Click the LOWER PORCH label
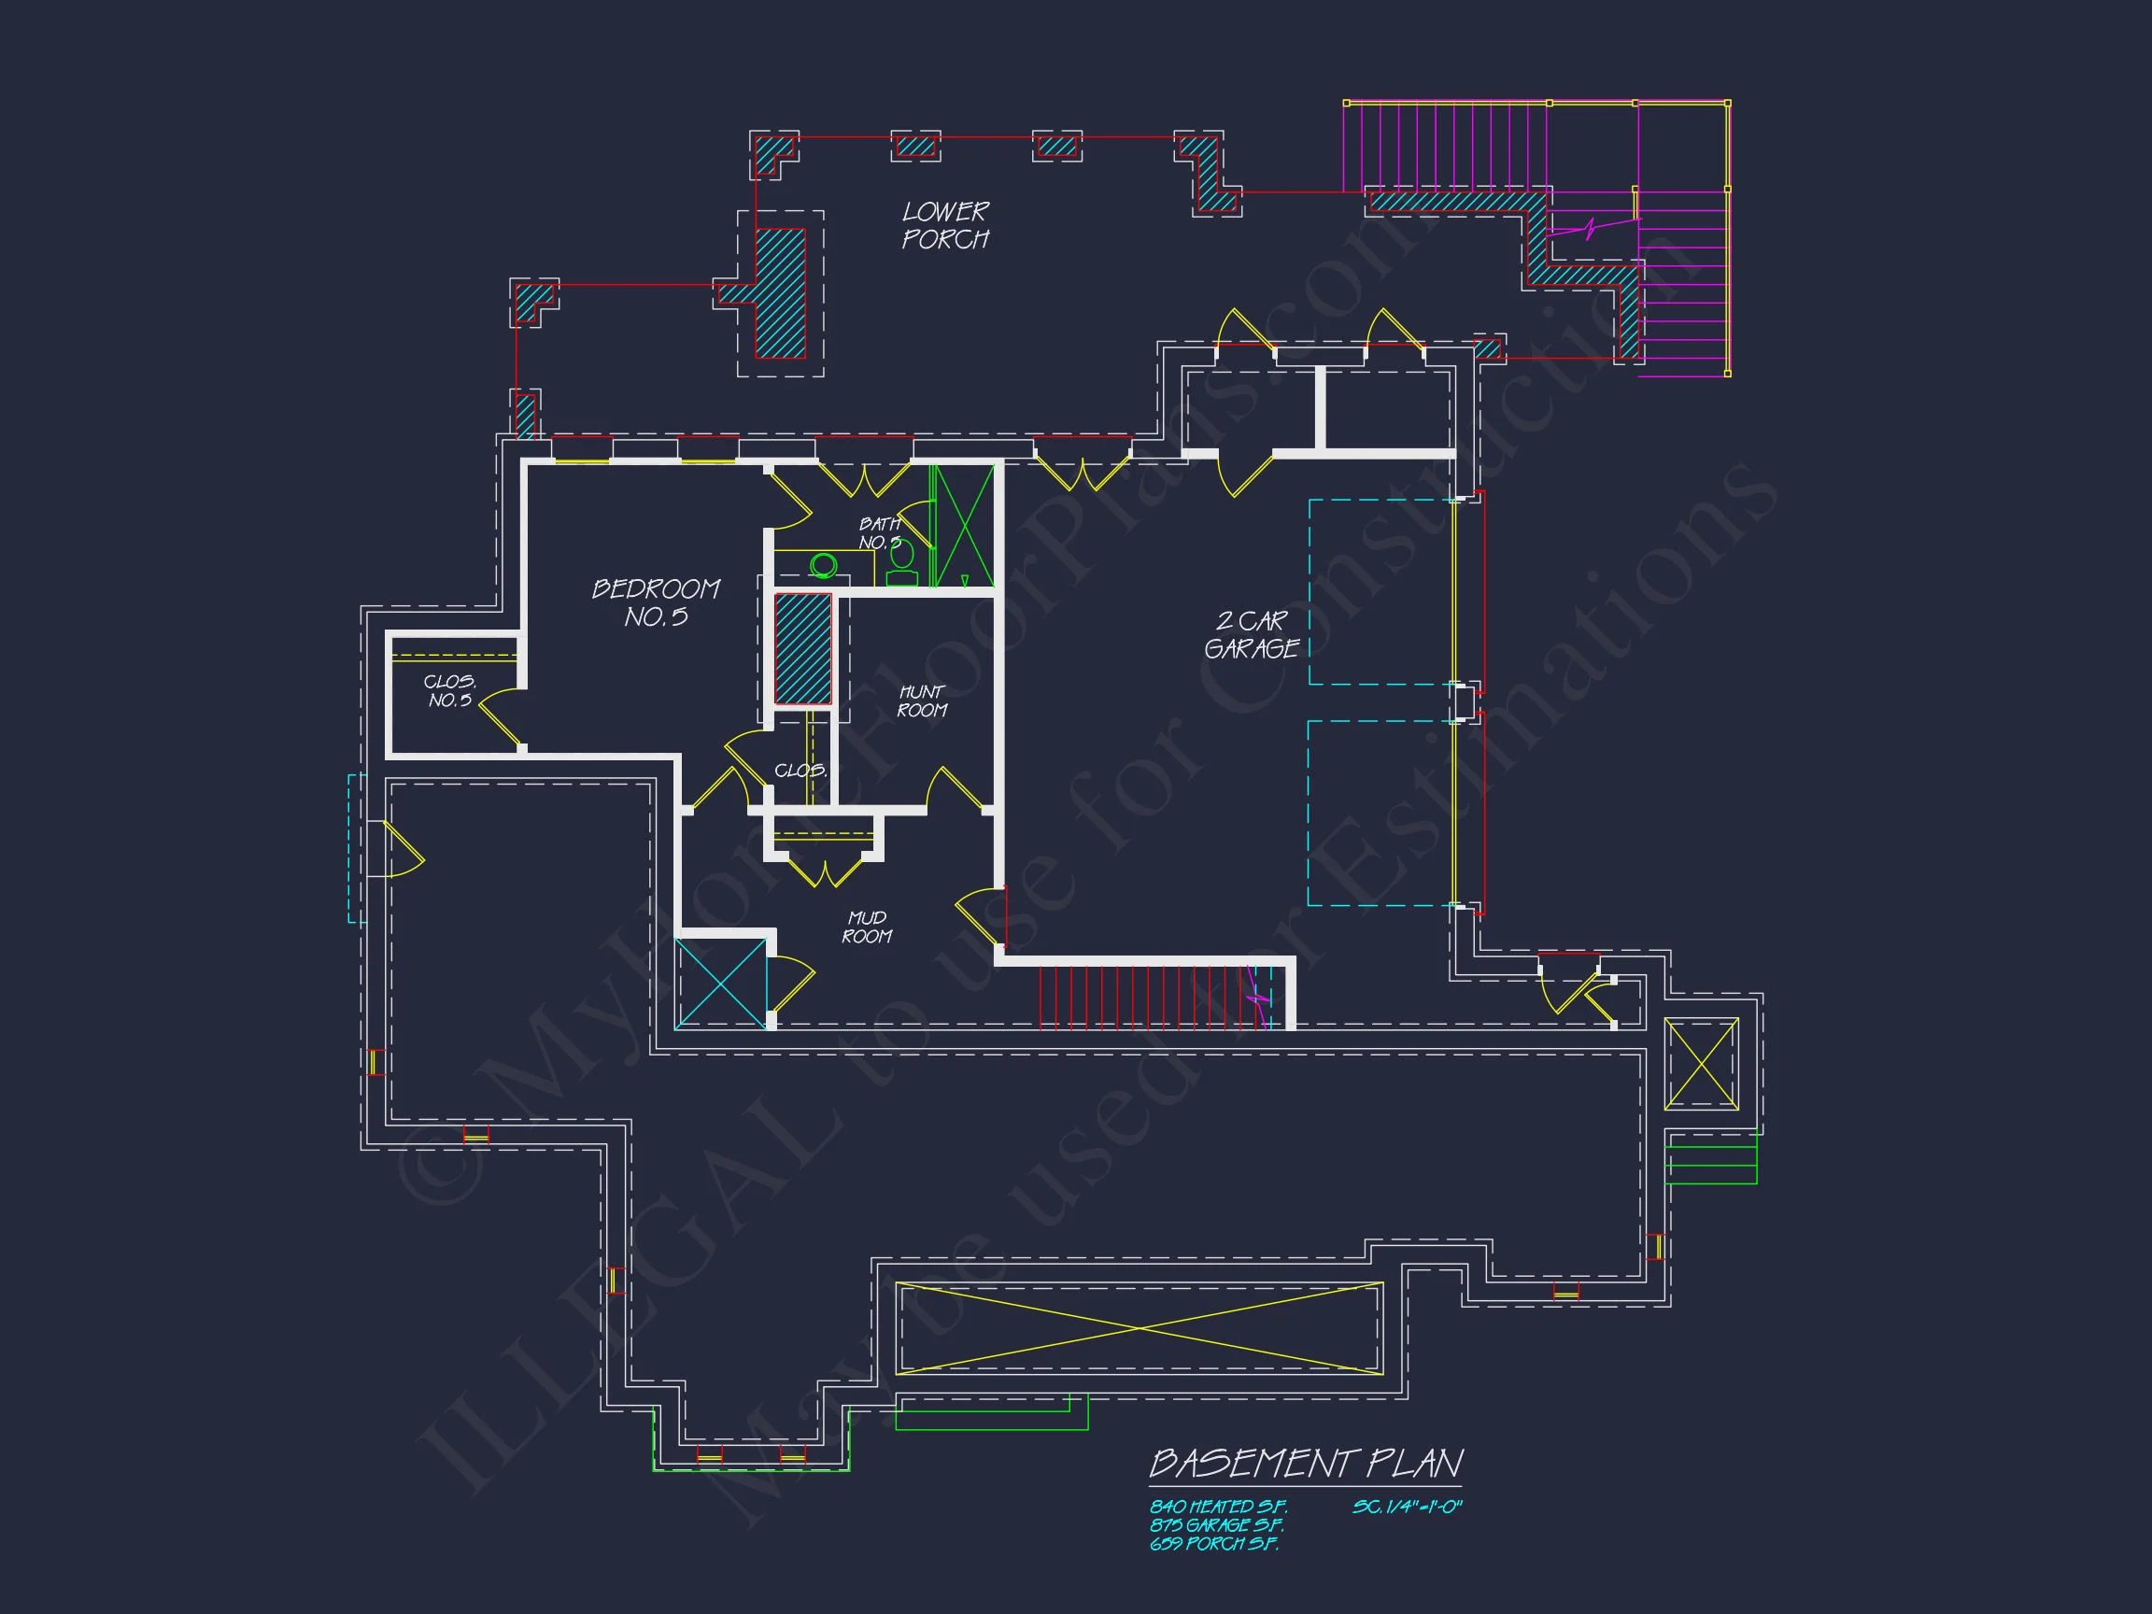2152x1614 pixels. click(944, 226)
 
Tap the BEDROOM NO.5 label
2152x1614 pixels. click(656, 603)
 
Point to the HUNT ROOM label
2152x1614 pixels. click(921, 701)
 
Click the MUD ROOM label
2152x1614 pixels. click(866, 927)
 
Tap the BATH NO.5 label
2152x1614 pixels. click(879, 533)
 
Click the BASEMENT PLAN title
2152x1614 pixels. click(1306, 1463)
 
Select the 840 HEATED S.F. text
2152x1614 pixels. click(1217, 1506)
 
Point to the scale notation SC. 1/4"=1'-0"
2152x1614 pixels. click(1407, 1506)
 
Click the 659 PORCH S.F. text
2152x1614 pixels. click(1213, 1543)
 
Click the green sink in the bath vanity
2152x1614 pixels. click(824, 564)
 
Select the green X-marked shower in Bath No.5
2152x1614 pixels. click(963, 527)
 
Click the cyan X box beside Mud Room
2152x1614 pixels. click(721, 983)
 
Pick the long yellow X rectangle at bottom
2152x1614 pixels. click(1140, 1328)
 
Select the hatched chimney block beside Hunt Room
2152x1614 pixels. click(802, 649)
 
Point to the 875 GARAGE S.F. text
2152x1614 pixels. click(1216, 1524)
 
